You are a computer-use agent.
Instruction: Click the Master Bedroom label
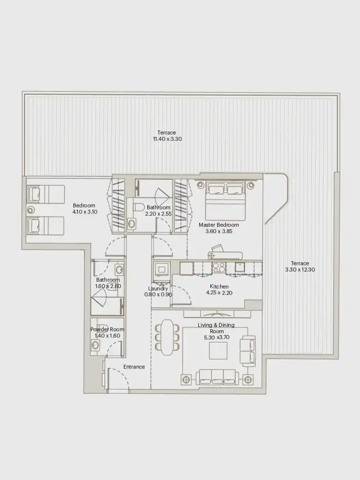(x=219, y=225)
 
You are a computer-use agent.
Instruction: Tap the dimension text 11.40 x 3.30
(x=166, y=139)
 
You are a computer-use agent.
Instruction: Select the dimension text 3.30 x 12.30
(x=300, y=270)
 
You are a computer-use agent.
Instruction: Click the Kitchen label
(x=219, y=287)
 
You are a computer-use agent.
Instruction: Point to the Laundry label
(x=158, y=289)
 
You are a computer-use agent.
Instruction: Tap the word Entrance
(x=134, y=367)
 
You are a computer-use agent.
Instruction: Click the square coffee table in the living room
(x=218, y=350)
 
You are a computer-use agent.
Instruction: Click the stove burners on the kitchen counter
(x=219, y=267)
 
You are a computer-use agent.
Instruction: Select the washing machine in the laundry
(x=161, y=269)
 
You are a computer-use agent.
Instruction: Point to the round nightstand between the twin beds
(x=31, y=210)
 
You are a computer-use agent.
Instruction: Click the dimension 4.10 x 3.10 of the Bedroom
(x=84, y=212)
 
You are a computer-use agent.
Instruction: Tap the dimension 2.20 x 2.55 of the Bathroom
(x=158, y=214)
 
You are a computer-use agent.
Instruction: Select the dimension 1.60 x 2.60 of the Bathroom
(x=108, y=286)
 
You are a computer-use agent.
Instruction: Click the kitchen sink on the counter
(x=240, y=267)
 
